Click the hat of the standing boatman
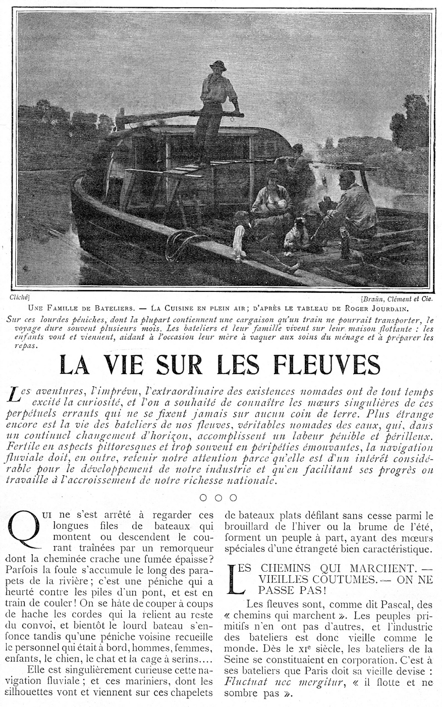218,66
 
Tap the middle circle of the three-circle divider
218,497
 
